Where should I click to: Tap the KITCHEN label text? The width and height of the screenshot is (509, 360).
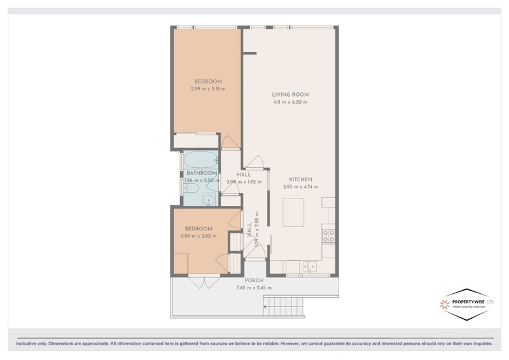click(x=300, y=179)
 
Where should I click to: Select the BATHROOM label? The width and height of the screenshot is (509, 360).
click(x=202, y=173)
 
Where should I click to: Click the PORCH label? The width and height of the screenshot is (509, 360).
click(x=254, y=280)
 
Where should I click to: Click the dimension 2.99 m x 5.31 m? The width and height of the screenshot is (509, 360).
click(x=208, y=89)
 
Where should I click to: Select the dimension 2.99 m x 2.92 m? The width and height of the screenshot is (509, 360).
click(x=199, y=236)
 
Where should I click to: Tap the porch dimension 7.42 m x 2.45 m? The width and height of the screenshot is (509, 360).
click(x=254, y=287)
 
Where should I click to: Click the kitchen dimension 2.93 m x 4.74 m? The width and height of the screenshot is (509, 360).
click(x=300, y=187)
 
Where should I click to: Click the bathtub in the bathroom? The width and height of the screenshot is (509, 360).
click(x=200, y=160)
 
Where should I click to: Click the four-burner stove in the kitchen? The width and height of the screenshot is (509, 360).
click(x=330, y=236)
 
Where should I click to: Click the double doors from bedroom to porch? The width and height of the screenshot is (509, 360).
click(x=204, y=282)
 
